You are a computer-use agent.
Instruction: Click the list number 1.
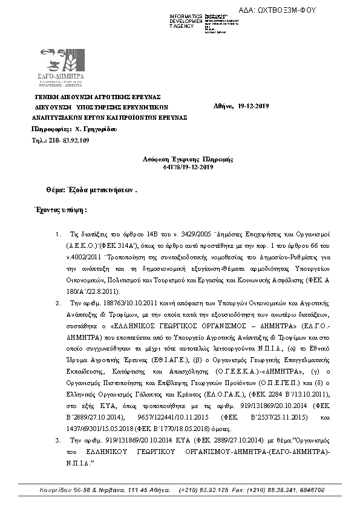pyautogui.click(x=57, y=233)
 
